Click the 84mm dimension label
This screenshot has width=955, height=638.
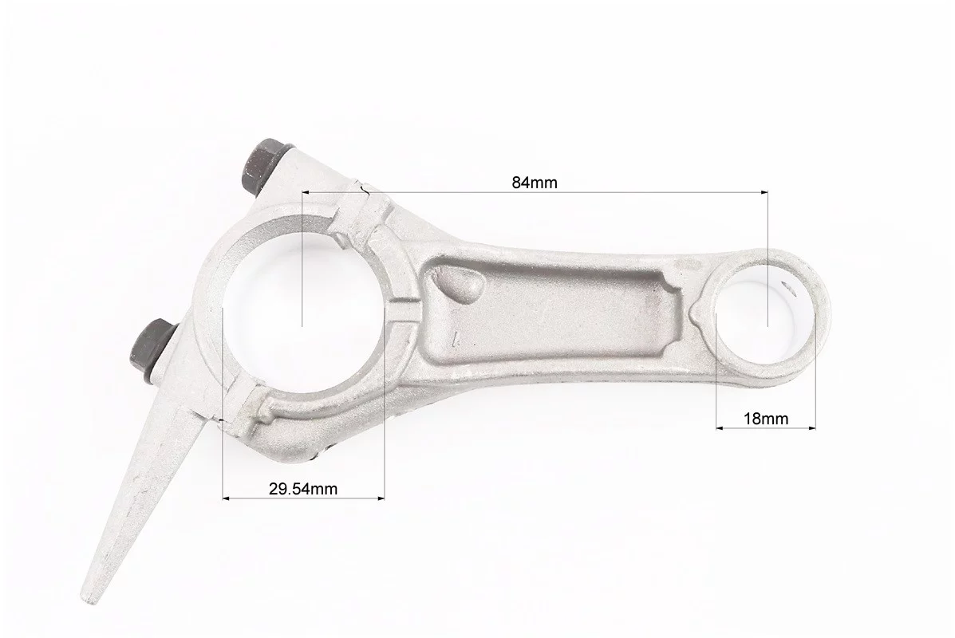[534, 182]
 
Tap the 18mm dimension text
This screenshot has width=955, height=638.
[766, 419]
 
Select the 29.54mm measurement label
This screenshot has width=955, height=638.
[302, 488]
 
